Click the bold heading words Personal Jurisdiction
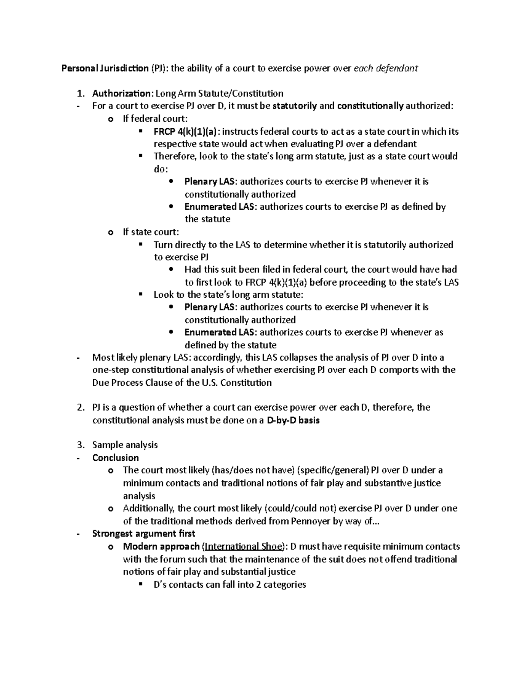click(x=105, y=68)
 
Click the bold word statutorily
click(x=295, y=106)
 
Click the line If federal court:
click(x=156, y=119)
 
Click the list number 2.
click(x=80, y=408)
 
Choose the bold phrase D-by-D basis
click(x=293, y=420)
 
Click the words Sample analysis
click(x=125, y=445)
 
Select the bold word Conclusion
click(x=115, y=458)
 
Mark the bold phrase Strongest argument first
click(x=143, y=534)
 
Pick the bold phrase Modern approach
click(x=161, y=547)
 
